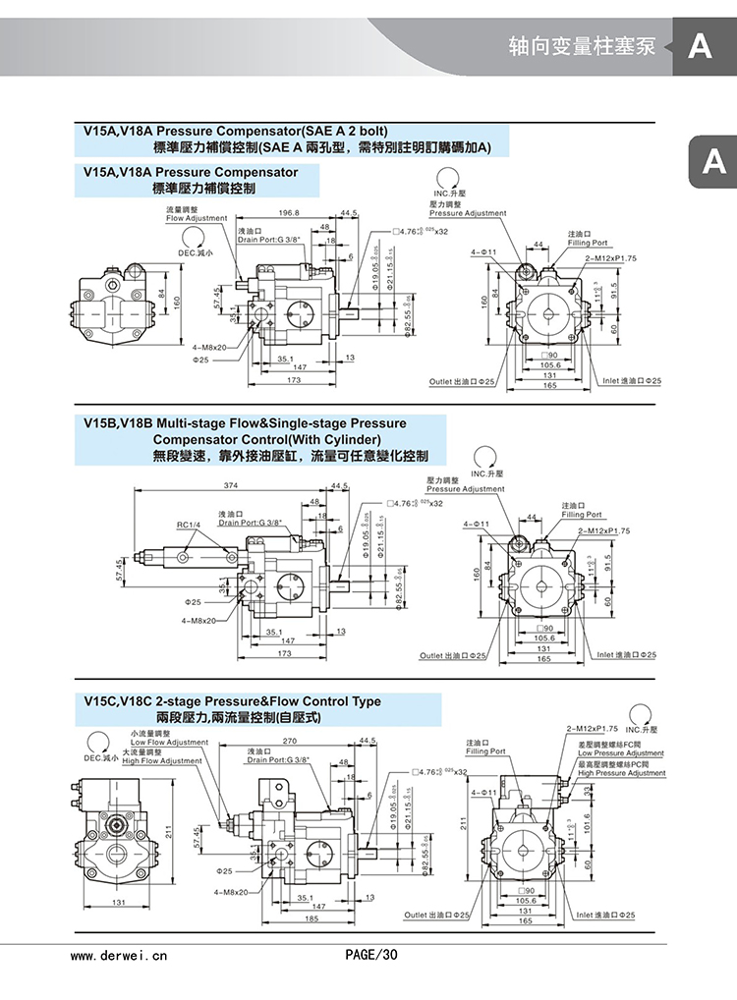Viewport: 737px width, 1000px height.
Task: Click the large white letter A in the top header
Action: tap(700, 46)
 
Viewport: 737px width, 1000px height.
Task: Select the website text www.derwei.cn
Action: tap(121, 954)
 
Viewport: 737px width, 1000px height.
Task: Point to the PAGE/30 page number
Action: tap(371, 954)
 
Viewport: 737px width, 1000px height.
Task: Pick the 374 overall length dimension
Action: tap(232, 485)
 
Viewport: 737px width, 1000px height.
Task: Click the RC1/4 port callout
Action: tap(189, 525)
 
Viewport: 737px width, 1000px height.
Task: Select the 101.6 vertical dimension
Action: tap(587, 820)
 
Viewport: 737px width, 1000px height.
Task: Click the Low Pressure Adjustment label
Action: tap(621, 753)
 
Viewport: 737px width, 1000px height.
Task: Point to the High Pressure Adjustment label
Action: tap(622, 773)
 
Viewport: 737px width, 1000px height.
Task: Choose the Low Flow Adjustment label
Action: tap(166, 742)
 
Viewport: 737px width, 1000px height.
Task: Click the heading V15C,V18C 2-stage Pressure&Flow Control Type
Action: tap(233, 701)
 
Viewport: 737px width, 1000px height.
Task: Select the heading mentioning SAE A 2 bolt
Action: tap(237, 131)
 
